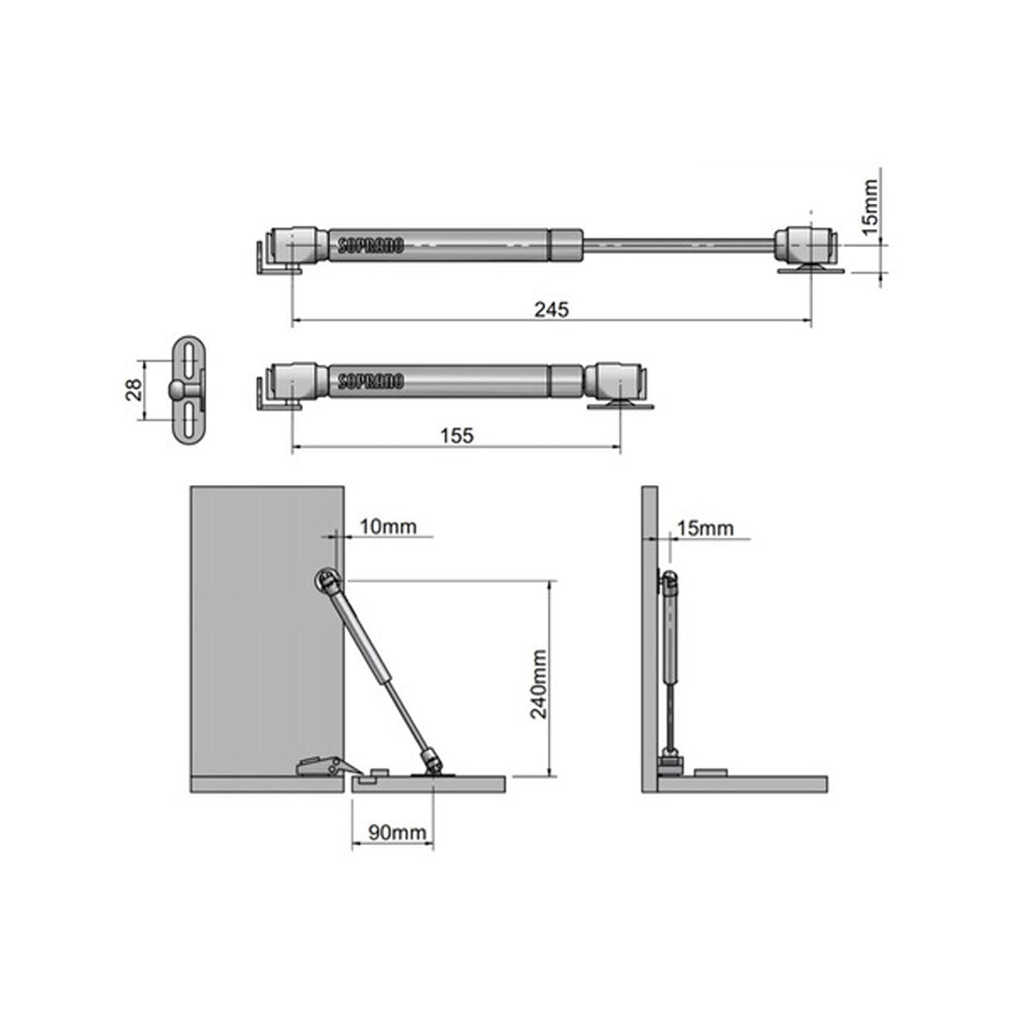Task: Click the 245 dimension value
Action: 552,309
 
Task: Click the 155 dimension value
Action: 457,436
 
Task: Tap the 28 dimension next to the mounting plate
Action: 134,390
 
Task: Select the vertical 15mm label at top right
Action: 870,208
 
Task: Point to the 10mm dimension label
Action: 388,526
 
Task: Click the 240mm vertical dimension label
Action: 539,684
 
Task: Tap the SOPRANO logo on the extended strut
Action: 371,245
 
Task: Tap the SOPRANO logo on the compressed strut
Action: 371,382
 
